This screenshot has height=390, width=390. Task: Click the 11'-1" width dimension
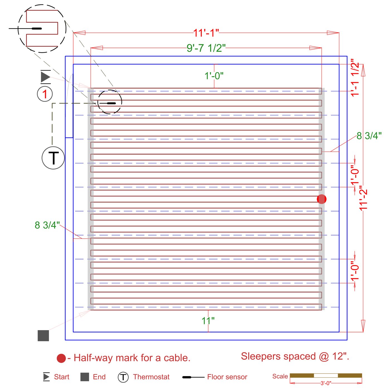pos(206,33)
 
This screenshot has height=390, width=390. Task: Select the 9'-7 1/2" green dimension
pos(206,48)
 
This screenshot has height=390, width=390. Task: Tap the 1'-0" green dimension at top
pos(214,76)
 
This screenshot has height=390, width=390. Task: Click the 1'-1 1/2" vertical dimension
pos(355,78)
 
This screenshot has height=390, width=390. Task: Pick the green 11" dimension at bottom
pos(208,321)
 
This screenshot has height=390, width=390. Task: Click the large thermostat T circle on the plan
pos(53,158)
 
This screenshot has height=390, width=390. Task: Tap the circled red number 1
pos(45,94)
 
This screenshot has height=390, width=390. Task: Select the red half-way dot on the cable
pos(321,199)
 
